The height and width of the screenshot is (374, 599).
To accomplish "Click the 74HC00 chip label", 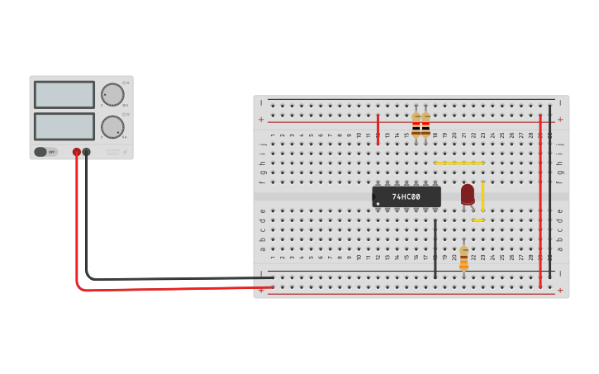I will [x=406, y=196].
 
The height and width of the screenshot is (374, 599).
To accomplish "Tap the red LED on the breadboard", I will [x=468, y=194].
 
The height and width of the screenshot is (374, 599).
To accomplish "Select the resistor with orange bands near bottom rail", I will [x=464, y=258].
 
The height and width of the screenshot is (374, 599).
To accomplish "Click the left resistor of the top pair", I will [x=416, y=125].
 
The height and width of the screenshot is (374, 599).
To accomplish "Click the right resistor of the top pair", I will [x=425, y=125].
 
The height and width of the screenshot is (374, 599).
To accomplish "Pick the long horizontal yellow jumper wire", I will [x=459, y=163].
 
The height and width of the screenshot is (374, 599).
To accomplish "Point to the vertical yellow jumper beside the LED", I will [x=483, y=196].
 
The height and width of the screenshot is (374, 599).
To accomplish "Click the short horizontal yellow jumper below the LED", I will [x=478, y=220].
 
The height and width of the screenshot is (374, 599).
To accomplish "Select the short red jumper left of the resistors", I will [x=378, y=130].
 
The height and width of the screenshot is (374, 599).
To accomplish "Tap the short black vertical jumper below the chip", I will [x=435, y=248].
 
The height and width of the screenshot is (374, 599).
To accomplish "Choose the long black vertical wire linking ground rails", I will [x=549, y=190].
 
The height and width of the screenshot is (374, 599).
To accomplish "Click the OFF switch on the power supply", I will [x=46, y=152].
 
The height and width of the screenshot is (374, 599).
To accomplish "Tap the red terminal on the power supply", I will [x=77, y=152].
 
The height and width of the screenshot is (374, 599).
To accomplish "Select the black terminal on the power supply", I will [x=87, y=152].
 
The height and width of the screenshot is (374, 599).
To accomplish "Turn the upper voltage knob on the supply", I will [x=112, y=94].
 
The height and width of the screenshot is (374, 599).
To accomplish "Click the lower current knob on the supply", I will [x=112, y=126].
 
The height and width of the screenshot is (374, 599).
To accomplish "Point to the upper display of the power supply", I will [x=64, y=94].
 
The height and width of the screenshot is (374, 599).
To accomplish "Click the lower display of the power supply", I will [x=64, y=126].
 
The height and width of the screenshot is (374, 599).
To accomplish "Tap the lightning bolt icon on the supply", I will [x=125, y=152].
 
